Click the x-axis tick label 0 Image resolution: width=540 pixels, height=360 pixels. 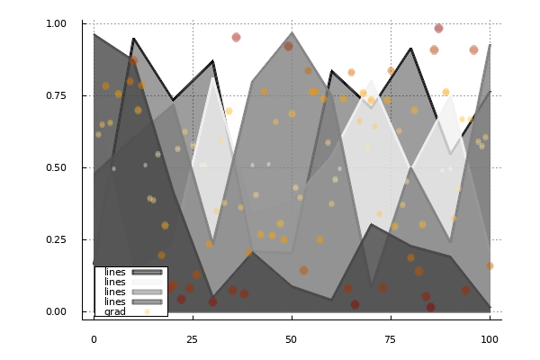pos(94,338)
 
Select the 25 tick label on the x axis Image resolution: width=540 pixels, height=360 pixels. pos(193,338)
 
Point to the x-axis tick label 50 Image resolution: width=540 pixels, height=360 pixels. pos(291,338)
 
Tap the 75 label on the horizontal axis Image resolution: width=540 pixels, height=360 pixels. pos(390,338)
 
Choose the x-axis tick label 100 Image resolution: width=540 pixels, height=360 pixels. pos(489,338)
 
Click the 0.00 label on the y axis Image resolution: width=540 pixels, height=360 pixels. pos(56,311)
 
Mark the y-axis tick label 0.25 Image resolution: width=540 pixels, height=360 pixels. pos(56,239)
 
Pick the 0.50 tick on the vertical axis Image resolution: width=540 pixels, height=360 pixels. pos(56,167)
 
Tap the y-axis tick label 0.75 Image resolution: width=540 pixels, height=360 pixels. pos(56,95)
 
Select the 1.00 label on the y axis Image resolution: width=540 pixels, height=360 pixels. pos(56,23)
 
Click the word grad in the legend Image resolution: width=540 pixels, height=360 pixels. pos(115,311)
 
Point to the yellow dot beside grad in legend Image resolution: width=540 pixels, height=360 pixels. pos(147,311)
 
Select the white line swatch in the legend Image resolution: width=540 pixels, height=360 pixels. pos(147,282)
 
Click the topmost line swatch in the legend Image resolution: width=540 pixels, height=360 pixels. pos(147,272)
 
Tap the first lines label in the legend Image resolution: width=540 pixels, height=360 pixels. pos(115,272)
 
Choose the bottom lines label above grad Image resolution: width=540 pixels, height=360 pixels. pos(115,301)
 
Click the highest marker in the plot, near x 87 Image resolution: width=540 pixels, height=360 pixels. pos(438,28)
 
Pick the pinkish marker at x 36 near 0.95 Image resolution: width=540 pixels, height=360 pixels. pos(236,37)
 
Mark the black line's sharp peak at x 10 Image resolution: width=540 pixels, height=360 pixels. pos(133,39)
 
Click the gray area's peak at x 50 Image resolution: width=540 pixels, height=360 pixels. pos(292,33)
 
